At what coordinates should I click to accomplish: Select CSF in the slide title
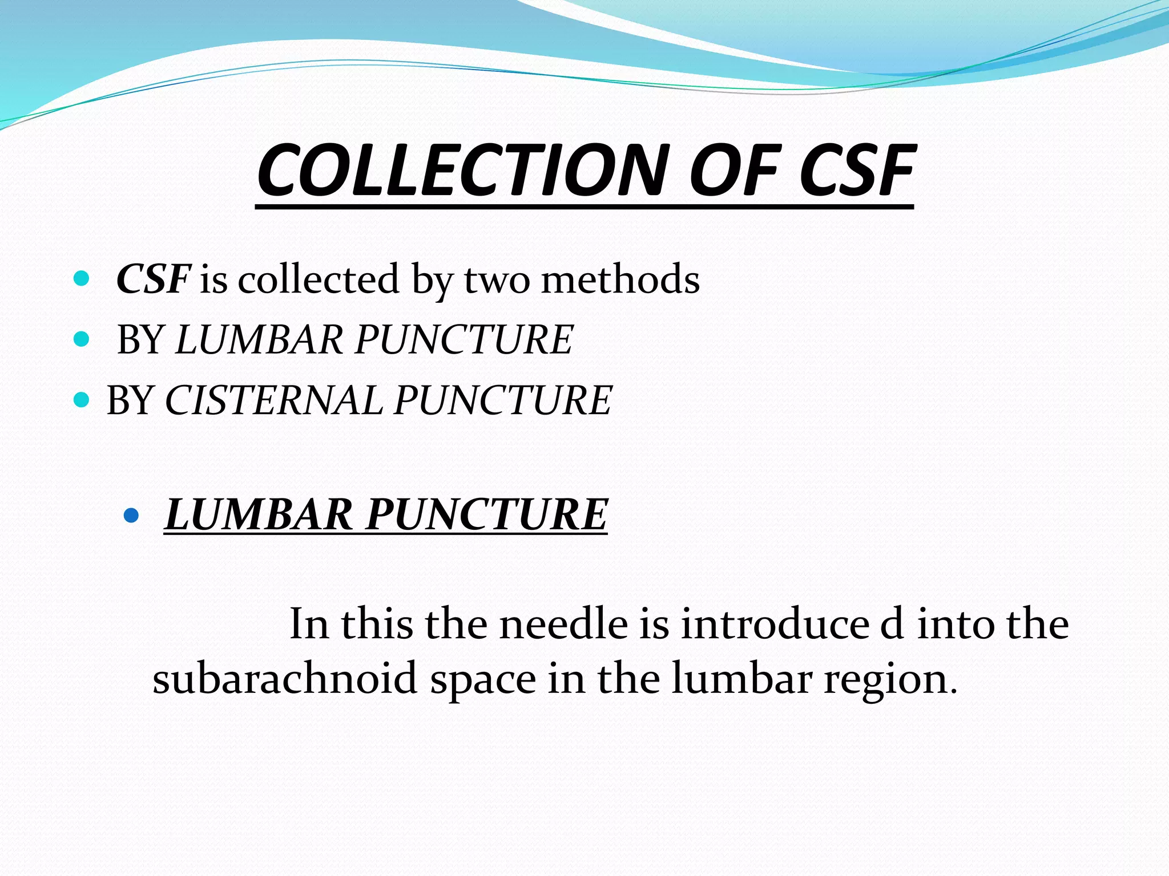pos(856,171)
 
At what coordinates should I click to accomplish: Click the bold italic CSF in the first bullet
pos(153,279)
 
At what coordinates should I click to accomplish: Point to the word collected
pos(319,279)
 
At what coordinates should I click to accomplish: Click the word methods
pos(620,279)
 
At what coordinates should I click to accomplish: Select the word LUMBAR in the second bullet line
pos(259,340)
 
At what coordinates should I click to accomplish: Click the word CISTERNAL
pos(273,400)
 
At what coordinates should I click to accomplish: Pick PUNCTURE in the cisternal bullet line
pos(503,400)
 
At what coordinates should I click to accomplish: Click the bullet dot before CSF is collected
pos(82,278)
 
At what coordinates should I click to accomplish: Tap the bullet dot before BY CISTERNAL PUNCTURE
pos(82,399)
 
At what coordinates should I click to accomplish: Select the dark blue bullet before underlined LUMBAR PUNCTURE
pos(131,516)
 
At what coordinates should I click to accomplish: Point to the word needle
pos(563,624)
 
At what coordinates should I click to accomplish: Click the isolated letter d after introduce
pos(892,624)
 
